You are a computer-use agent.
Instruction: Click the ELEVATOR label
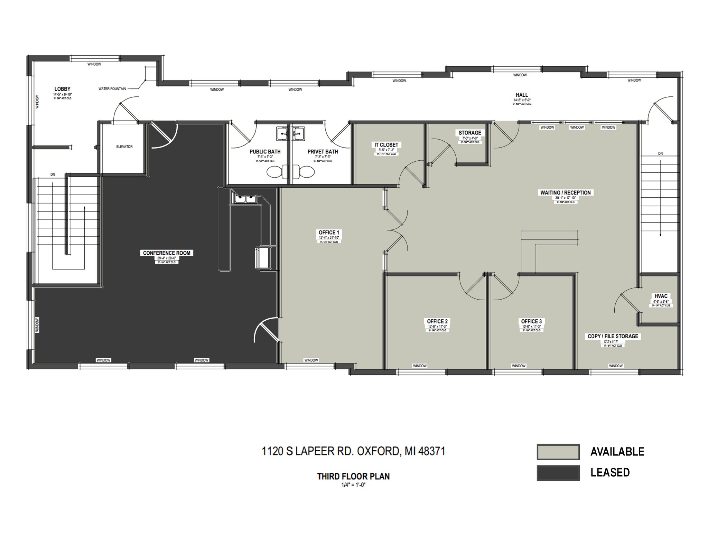pos(124,147)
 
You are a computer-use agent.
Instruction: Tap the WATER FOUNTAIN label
pos(112,89)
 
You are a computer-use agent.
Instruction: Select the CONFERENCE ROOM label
pos(167,253)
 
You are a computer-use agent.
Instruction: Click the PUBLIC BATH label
pos(265,152)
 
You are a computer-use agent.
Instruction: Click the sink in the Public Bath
pos(283,133)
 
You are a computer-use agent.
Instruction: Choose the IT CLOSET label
pos(386,145)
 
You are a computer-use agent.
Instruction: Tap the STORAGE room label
pos(469,133)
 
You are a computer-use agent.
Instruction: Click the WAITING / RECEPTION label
pos(565,193)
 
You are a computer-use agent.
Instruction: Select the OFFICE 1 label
pos(329,233)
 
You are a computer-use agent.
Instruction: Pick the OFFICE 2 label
pos(437,321)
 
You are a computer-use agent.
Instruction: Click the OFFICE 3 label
pos(531,321)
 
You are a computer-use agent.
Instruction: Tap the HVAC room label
pos(661,296)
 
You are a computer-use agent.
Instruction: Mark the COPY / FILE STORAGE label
pos(613,336)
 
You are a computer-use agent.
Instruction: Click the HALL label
pos(522,95)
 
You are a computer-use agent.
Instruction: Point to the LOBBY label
pos(62,89)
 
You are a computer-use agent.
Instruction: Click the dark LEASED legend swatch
pos(558,473)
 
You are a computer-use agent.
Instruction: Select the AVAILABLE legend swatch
pos(558,452)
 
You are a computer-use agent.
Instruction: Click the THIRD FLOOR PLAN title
pos(353,477)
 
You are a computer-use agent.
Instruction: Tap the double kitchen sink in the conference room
pos(245,199)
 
